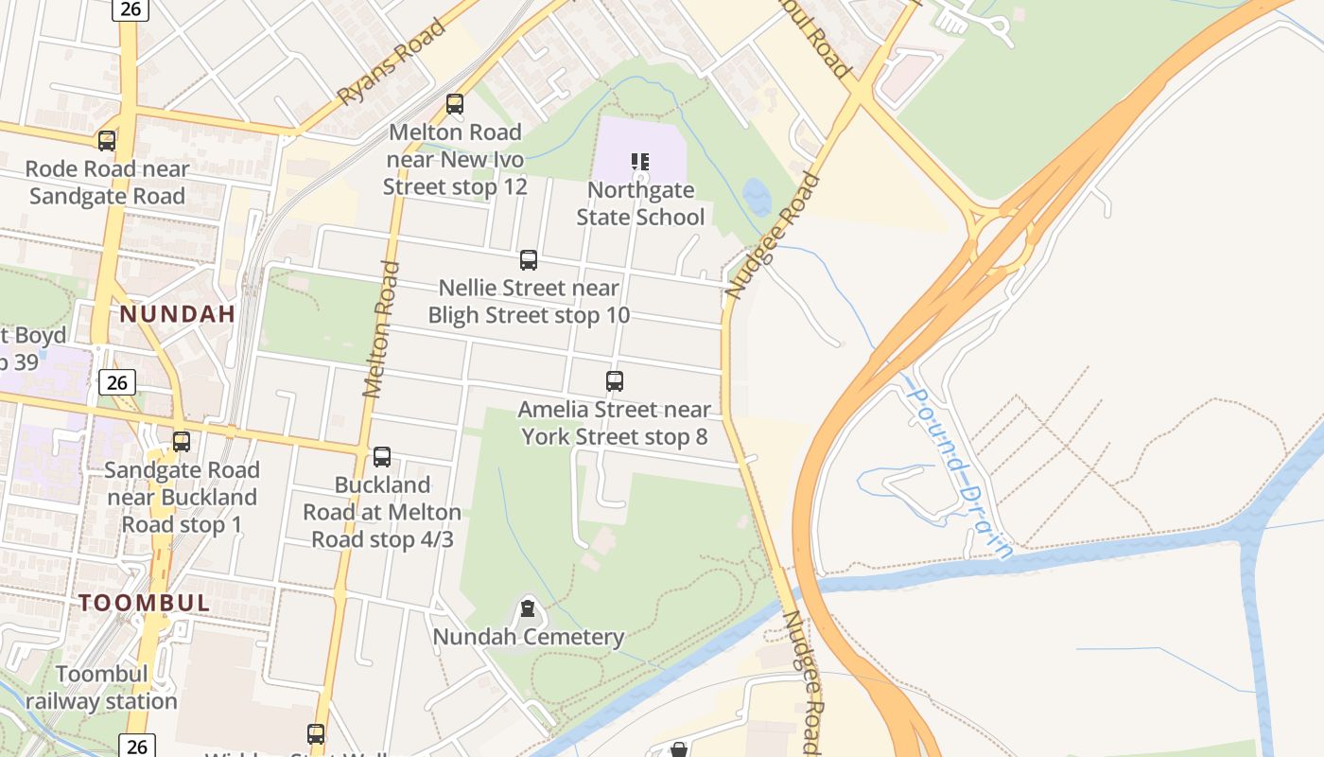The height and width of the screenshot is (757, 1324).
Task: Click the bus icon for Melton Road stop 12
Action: [455, 104]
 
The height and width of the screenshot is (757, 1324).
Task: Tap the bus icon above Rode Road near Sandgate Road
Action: [107, 141]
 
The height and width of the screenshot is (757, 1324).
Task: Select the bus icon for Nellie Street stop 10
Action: [529, 260]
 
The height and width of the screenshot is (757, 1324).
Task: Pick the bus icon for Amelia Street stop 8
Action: [615, 381]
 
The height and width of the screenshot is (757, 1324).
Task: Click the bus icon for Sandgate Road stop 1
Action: [182, 442]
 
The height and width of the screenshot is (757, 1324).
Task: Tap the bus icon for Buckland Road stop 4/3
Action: [382, 457]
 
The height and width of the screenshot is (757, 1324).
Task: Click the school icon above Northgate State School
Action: [640, 162]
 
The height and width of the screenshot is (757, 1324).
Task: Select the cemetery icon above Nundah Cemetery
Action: [528, 608]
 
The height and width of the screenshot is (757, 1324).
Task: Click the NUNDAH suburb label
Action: [177, 314]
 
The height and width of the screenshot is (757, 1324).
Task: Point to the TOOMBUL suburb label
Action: [145, 603]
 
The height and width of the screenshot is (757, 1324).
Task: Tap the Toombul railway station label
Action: [101, 688]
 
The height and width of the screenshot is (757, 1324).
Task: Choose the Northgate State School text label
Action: [641, 203]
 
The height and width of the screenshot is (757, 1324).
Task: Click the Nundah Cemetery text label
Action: [529, 637]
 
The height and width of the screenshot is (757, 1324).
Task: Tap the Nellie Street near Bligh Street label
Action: [529, 301]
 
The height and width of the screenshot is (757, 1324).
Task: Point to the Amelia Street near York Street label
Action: [615, 423]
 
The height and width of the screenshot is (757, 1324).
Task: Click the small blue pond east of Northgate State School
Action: [757, 197]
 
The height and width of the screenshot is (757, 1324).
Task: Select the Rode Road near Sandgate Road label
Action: [107, 183]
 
